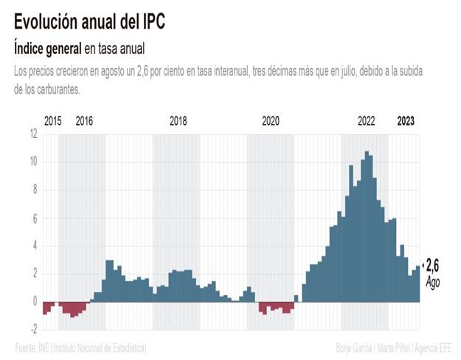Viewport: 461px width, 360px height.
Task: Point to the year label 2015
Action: click(53, 121)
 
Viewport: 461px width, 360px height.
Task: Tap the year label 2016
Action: click(85, 121)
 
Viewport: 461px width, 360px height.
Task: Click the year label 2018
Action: click(178, 121)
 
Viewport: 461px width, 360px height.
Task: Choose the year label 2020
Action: click(271, 121)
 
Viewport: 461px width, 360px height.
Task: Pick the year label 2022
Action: click(367, 121)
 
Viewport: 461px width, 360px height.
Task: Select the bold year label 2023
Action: click(406, 121)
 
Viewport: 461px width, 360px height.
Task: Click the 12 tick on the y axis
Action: click(33, 134)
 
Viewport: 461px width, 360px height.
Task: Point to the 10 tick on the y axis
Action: click(33, 162)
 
